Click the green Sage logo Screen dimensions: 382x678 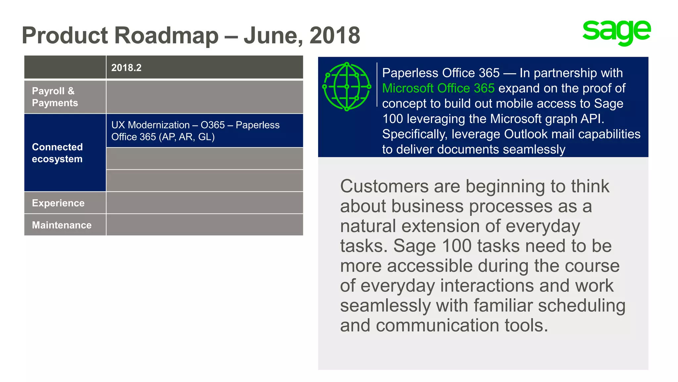click(x=616, y=32)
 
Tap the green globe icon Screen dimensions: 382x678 click(x=347, y=87)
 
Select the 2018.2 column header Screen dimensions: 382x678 click(x=126, y=68)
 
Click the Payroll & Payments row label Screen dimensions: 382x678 click(x=55, y=97)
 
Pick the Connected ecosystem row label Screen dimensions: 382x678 click(x=57, y=153)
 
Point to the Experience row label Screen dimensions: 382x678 click(x=58, y=203)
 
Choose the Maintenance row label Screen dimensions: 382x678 click(x=62, y=225)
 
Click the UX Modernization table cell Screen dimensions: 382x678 click(x=195, y=131)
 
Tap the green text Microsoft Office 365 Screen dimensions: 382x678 click(x=438, y=88)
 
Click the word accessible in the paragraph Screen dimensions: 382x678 click(x=430, y=266)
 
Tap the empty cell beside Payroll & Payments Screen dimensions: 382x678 click(x=204, y=97)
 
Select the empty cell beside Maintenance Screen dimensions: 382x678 click(x=204, y=225)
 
